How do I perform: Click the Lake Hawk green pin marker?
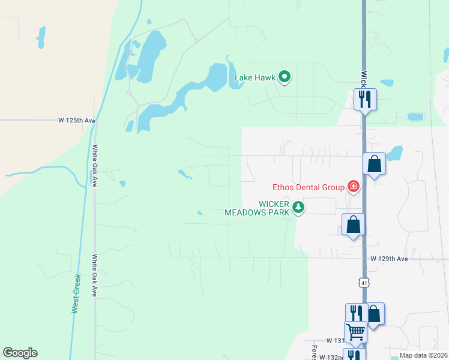pyautogui.click(x=285, y=77)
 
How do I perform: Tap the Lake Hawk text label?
pyautogui.click(x=255, y=77)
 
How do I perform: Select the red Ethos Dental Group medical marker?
pyautogui.click(x=354, y=187)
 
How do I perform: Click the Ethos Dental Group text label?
pyautogui.click(x=308, y=187)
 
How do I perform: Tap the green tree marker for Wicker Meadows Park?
pyautogui.click(x=298, y=208)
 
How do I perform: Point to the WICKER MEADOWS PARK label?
pyautogui.click(x=258, y=208)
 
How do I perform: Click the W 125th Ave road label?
pyautogui.click(x=77, y=120)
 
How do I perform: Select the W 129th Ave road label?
pyautogui.click(x=389, y=259)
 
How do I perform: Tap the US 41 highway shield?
pyautogui.click(x=364, y=282)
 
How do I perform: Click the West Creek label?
pyautogui.click(x=76, y=293)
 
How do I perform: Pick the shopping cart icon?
pyautogui.click(x=355, y=331)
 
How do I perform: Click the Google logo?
pyautogui.click(x=20, y=352)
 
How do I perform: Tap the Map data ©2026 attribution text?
pyautogui.click(x=423, y=355)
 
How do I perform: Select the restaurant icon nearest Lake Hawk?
pyautogui.click(x=365, y=98)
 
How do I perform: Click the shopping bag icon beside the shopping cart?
pyautogui.click(x=373, y=313)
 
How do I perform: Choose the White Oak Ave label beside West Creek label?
pyautogui.click(x=95, y=275)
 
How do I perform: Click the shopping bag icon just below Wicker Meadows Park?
pyautogui.click(x=354, y=224)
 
